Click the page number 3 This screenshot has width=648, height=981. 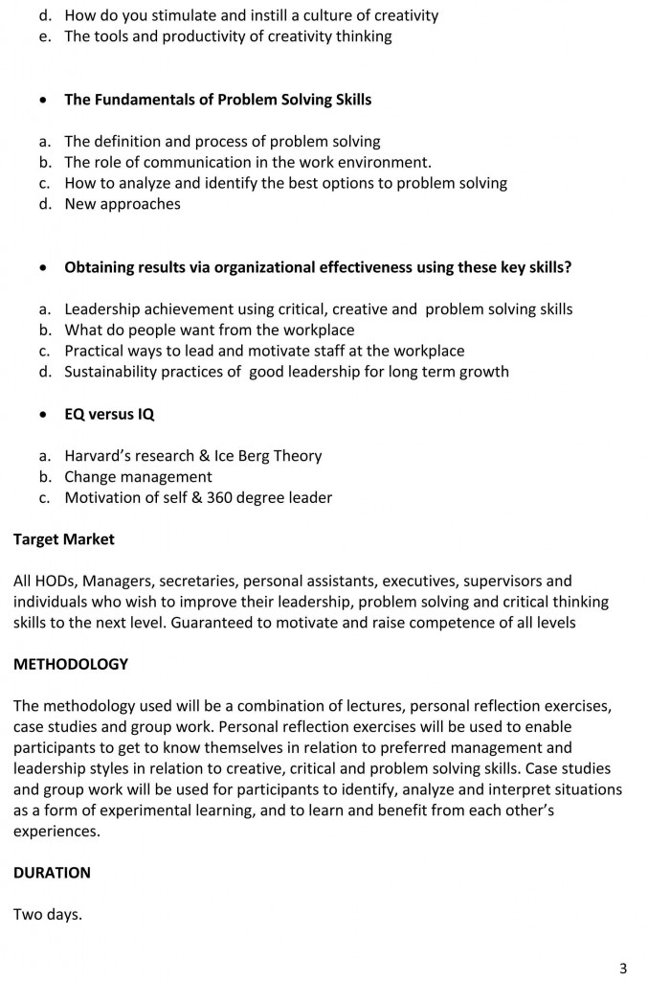pyautogui.click(x=624, y=966)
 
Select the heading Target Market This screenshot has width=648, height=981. pyautogui.click(x=63, y=539)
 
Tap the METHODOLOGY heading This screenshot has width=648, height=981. pyautogui.click(x=70, y=664)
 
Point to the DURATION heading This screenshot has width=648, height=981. pyautogui.click(x=52, y=873)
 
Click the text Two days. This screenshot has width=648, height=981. pyautogui.click(x=48, y=914)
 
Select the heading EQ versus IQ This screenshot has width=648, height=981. pyautogui.click(x=109, y=415)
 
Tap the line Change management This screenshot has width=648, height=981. pyautogui.click(x=138, y=477)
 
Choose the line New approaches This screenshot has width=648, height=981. pyautogui.click(x=123, y=204)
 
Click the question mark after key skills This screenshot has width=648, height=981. pyautogui.click(x=568, y=267)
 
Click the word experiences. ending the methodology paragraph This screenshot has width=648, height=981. pyautogui.click(x=56, y=832)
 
